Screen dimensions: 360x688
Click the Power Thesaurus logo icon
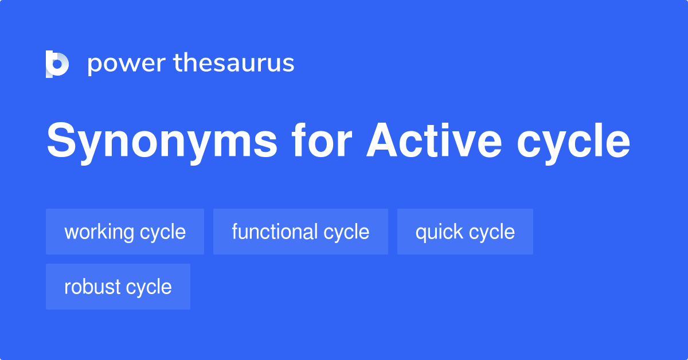coord(57,64)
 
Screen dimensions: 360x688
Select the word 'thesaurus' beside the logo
coord(234,64)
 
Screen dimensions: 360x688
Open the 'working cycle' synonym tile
coord(125,232)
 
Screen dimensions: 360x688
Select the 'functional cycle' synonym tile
coord(300,232)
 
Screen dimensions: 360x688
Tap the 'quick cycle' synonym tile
coord(465,232)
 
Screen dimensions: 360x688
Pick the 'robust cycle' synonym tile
coord(118,287)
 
